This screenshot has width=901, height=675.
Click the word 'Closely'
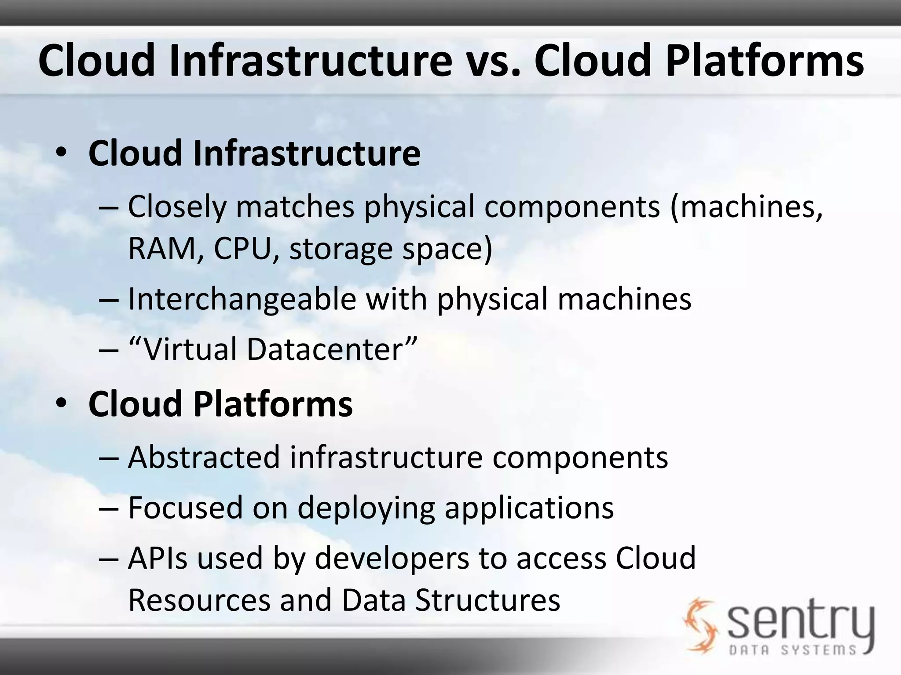point(176,207)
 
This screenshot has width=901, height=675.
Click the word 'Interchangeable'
point(242,299)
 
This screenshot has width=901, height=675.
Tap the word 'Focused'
point(185,508)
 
